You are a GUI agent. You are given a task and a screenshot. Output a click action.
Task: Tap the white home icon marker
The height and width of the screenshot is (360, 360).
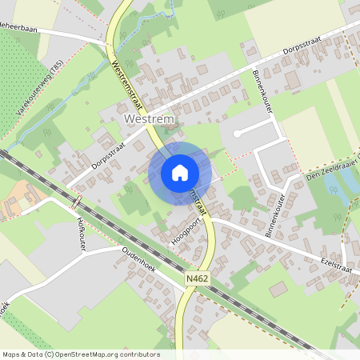[x=180, y=172]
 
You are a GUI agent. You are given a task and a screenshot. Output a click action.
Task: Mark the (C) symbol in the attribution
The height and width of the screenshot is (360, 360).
[x=50, y=354]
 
